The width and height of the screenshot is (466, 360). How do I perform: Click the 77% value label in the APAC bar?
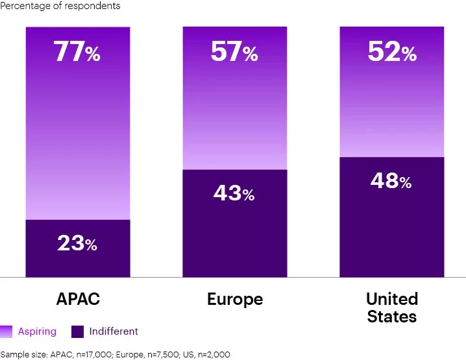click(77, 53)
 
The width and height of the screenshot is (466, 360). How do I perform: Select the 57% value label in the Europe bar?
click(234, 53)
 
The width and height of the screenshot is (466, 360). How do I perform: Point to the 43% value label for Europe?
click(234, 193)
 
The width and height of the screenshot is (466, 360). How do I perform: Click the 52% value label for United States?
click(391, 53)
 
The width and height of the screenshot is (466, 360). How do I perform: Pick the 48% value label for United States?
click(391, 181)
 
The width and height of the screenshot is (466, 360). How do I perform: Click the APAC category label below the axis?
click(78, 299)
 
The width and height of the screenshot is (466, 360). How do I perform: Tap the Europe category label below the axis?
click(235, 299)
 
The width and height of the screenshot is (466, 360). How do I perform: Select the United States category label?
click(392, 307)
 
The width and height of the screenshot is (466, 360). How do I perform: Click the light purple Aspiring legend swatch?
click(6, 332)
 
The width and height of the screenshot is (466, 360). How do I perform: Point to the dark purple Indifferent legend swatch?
click(77, 332)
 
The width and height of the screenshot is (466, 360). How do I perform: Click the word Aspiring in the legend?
click(37, 331)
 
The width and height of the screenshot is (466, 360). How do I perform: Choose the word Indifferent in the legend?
click(114, 331)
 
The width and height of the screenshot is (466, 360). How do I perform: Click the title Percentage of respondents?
click(60, 6)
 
